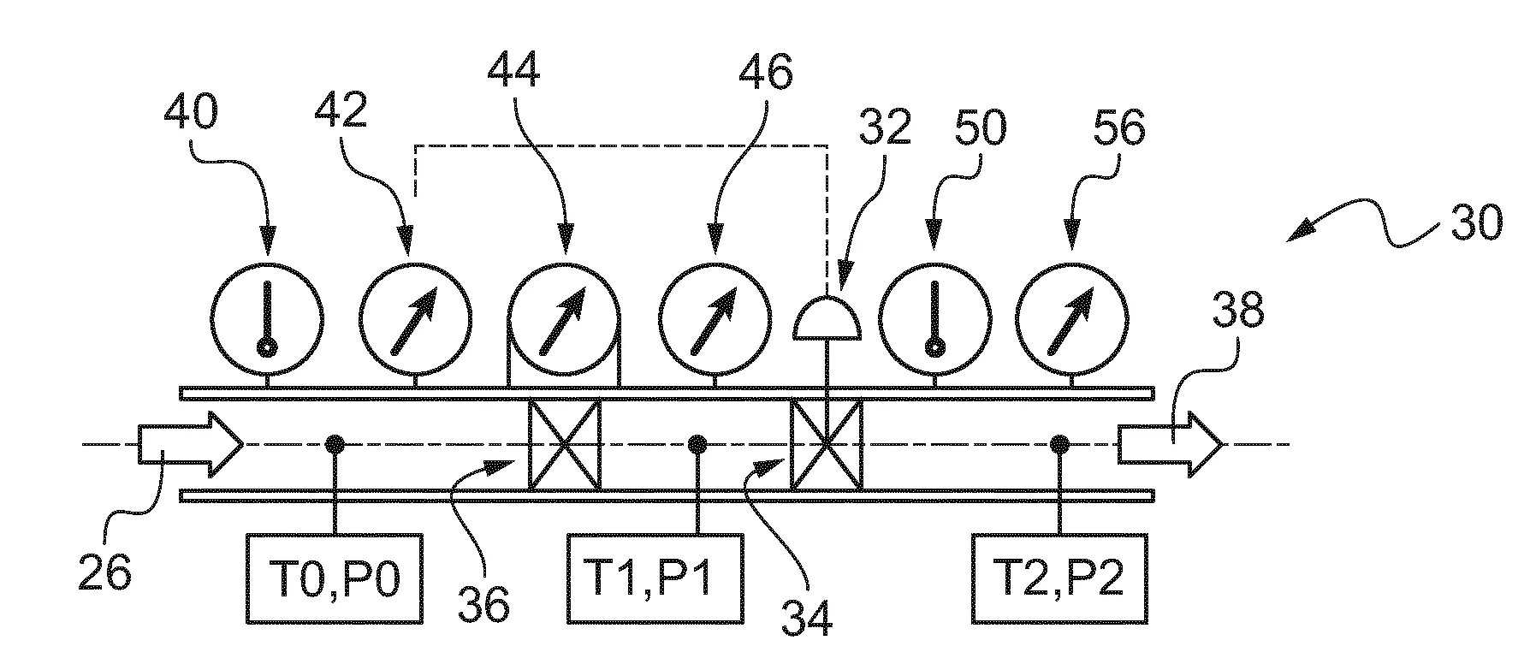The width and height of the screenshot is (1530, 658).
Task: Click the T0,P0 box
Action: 335,578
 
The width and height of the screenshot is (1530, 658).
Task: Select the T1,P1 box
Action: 655,578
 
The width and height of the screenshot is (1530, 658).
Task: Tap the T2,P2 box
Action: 1060,578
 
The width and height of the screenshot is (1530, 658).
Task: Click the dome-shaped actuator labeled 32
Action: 827,318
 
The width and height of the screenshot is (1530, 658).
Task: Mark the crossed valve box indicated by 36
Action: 564,445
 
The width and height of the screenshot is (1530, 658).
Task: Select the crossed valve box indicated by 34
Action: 826,445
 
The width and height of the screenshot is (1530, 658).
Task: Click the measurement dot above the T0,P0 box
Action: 335,444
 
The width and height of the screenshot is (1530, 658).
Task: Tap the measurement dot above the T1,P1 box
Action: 697,444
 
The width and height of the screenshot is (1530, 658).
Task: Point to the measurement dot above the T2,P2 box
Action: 1060,444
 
